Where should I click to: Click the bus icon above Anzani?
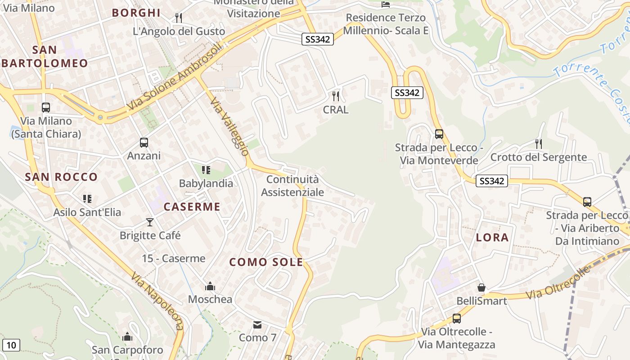pyautogui.click(x=144, y=143)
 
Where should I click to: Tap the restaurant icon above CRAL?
pyautogui.click(x=335, y=96)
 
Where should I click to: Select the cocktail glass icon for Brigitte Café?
pyautogui.click(x=150, y=222)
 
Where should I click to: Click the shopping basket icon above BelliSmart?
pyautogui.click(x=481, y=287)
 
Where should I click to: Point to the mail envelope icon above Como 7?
pyautogui.click(x=257, y=324)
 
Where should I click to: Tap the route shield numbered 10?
pyautogui.click(x=11, y=345)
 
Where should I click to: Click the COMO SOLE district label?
pyautogui.click(x=266, y=262)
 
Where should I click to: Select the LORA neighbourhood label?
pyautogui.click(x=492, y=237)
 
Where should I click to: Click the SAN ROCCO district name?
pyautogui.click(x=61, y=177)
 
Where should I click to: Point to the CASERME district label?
pyautogui.click(x=192, y=207)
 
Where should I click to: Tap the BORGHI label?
pyautogui.click(x=136, y=13)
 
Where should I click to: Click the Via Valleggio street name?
pyautogui.click(x=229, y=126)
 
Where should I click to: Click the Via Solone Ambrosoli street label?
pyautogui.click(x=175, y=76)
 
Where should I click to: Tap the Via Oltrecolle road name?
pyautogui.click(x=558, y=283)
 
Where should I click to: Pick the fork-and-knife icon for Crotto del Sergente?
pyautogui.click(x=538, y=144)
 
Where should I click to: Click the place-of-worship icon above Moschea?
pyautogui.click(x=210, y=286)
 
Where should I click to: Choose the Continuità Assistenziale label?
pyautogui.click(x=292, y=186)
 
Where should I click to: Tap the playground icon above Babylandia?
pyautogui.click(x=206, y=170)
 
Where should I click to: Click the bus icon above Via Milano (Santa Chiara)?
pyautogui.click(x=46, y=108)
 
